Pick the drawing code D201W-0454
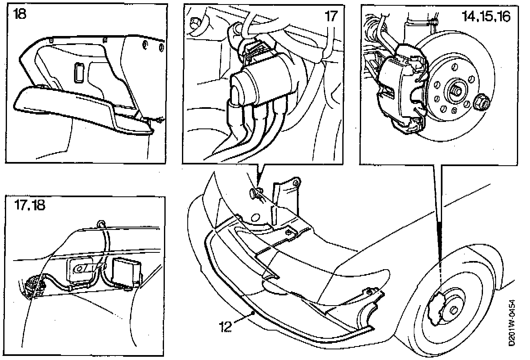(x=512, y=323)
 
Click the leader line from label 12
(x=245, y=319)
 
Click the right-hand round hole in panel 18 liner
(x=161, y=48)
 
